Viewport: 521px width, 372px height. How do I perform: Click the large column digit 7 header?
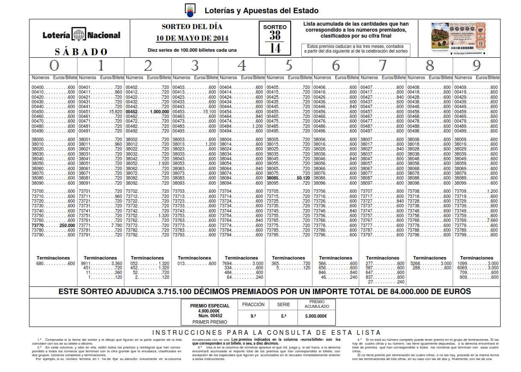point(383,65)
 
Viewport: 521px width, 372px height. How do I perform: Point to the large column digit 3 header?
point(194,65)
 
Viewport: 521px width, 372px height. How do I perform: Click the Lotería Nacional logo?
point(81,35)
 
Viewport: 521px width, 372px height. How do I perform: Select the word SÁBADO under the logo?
point(81,52)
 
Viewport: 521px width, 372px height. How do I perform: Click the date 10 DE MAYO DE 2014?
point(192,38)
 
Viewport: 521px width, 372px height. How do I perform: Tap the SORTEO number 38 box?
point(275,35)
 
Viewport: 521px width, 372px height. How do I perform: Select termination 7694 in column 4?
point(227,263)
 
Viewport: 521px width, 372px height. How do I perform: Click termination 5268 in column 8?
point(416,263)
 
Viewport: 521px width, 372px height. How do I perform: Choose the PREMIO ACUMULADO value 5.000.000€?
point(316,316)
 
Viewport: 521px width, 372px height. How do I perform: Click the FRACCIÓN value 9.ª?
point(253,316)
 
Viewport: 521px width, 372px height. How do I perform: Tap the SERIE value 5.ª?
point(283,316)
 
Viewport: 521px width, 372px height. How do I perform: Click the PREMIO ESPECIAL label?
point(209,306)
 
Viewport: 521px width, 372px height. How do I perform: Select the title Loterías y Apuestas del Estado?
point(262,11)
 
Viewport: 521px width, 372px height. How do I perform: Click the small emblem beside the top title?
point(190,9)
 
